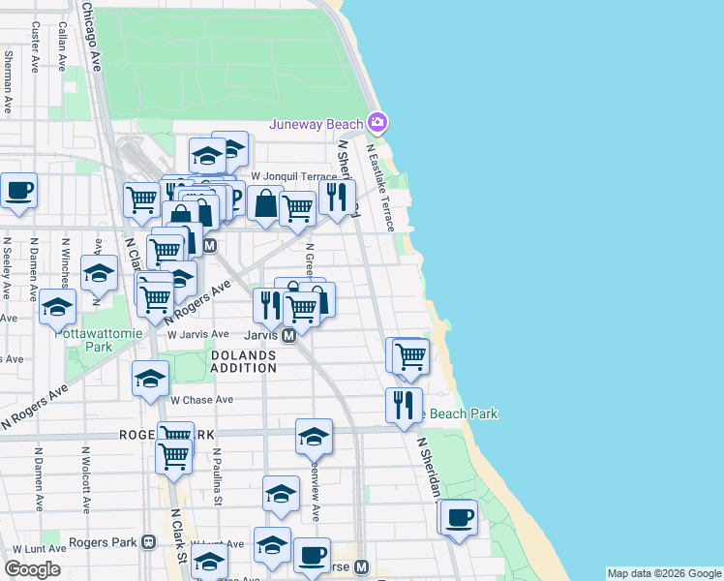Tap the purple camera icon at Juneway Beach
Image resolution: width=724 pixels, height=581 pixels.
377,123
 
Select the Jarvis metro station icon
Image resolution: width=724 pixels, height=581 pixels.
288,335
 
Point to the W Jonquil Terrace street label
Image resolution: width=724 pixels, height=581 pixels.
293,176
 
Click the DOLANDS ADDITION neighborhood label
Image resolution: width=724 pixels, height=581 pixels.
243,362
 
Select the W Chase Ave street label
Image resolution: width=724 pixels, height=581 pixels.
202,399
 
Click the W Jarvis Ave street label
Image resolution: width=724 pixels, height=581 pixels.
197,334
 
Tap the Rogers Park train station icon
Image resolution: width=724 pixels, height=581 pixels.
148,542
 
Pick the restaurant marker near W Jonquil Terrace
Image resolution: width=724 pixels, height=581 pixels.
337,197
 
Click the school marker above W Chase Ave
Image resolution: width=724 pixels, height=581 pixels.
150,379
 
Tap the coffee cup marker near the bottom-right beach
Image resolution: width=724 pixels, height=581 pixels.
459,515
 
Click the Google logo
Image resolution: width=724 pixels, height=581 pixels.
32,569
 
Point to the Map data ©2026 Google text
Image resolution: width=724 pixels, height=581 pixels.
663,573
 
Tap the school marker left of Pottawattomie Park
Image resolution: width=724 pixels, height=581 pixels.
58,307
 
